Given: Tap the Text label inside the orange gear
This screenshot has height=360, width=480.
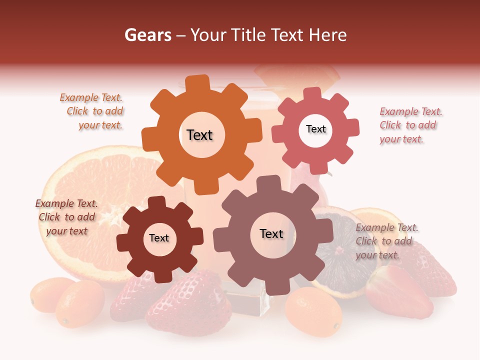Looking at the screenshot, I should tap(199, 135).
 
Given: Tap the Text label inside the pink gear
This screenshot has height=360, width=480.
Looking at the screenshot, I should tap(315, 129).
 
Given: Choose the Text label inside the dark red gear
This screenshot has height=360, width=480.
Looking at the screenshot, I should tap(159, 238).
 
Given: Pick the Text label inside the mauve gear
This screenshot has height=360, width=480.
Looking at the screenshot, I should tap(271, 233).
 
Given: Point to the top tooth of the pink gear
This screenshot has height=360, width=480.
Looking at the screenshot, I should tap(312, 93).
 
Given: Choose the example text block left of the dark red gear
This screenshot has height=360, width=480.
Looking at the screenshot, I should tap(66, 217).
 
